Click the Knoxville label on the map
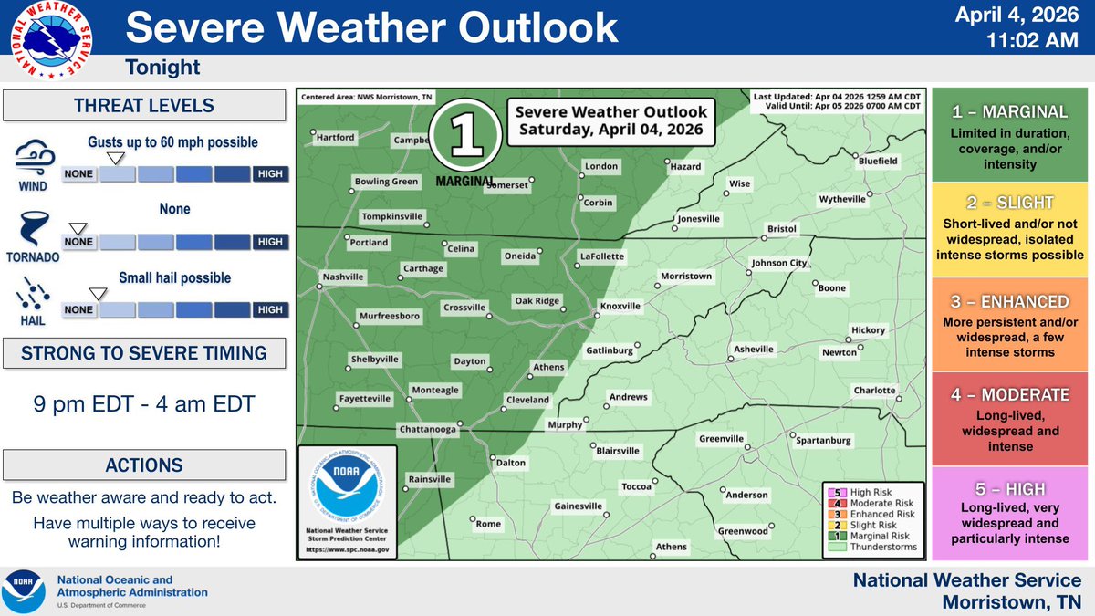click(620, 307)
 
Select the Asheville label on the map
click(754, 350)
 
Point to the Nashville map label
click(343, 277)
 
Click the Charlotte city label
click(874, 391)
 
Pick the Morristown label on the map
click(685, 276)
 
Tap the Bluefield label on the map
click(878, 161)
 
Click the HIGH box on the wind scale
click(270, 173)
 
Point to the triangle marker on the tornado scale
click(78, 227)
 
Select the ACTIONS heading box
click(146, 465)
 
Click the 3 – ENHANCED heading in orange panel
click(1009, 302)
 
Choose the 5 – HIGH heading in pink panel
click(1009, 489)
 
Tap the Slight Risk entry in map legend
click(874, 526)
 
